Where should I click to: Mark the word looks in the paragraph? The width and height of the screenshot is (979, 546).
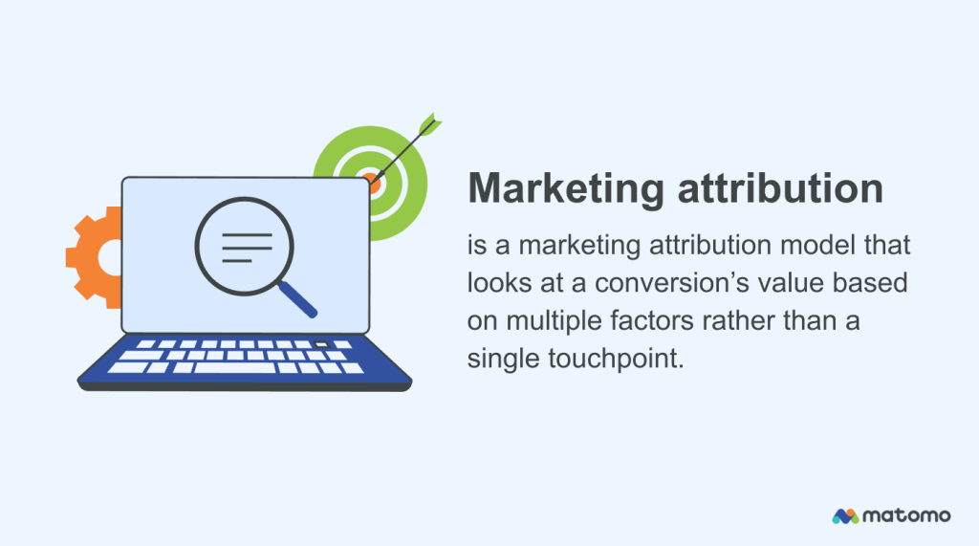pyautogui.click(x=498, y=284)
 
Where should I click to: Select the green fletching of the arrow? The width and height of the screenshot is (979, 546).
pyautogui.click(x=427, y=125)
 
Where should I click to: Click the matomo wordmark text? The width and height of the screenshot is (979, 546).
pyautogui.click(x=908, y=515)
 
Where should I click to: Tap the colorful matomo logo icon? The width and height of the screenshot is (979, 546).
pyautogui.click(x=845, y=515)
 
